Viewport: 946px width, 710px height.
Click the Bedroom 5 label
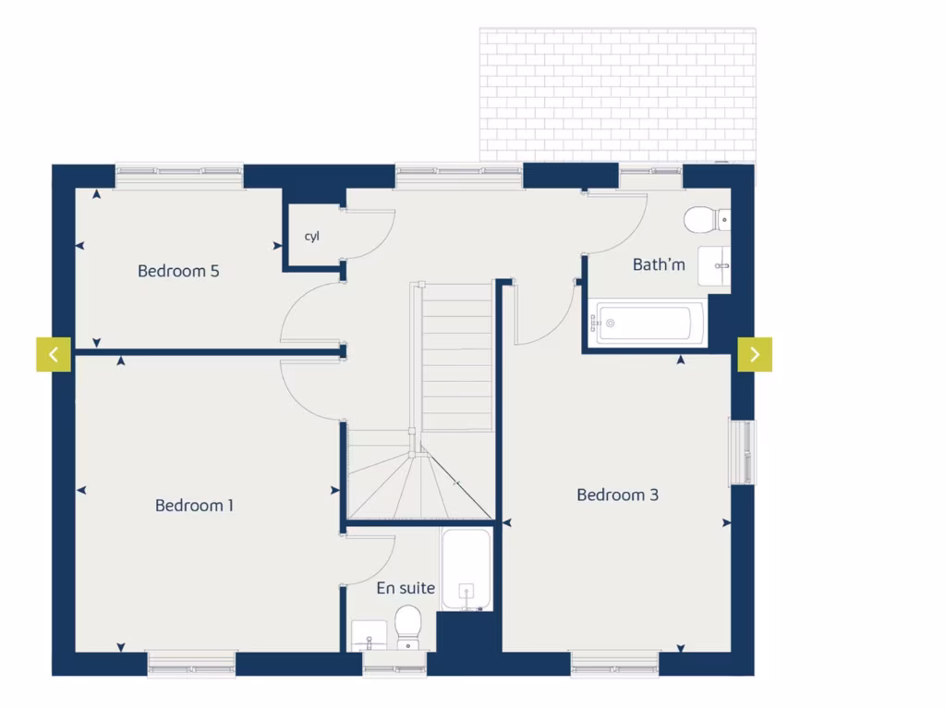coord(178,271)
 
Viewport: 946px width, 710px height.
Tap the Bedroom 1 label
coord(194,505)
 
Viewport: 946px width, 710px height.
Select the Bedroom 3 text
coord(617,495)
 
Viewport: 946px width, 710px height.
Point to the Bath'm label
coord(659,264)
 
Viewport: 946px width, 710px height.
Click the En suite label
coord(406,587)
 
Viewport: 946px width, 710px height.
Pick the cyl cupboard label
coord(312,237)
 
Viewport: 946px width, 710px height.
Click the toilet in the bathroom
coord(705,219)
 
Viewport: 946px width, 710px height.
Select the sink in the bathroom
coord(715,269)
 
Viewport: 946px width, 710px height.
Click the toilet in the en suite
coord(407,626)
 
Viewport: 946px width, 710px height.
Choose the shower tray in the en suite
coord(467,569)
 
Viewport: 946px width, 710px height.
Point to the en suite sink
coord(368,635)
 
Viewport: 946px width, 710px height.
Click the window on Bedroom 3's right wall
coord(743,452)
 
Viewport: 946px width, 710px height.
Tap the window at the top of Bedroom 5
coord(179,172)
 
